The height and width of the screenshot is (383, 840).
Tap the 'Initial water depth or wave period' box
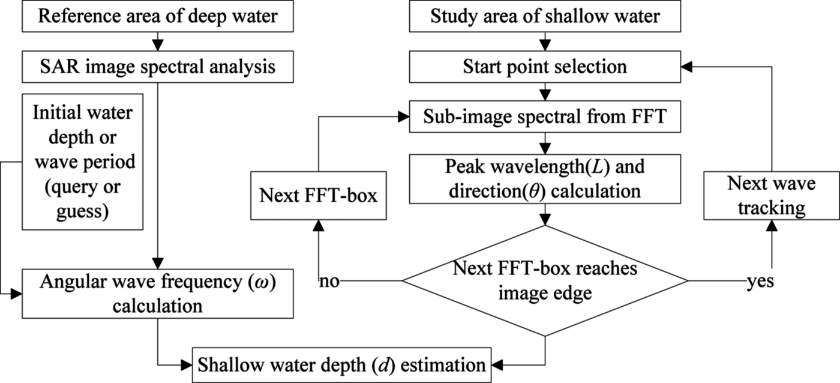82,161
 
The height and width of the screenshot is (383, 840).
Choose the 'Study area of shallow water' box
545,16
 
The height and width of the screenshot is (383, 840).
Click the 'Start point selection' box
545,66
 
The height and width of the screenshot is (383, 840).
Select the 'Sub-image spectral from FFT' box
545,117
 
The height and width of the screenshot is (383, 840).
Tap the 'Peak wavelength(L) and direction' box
545,179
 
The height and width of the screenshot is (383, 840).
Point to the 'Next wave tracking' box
771,195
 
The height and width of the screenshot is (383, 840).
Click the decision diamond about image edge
545,280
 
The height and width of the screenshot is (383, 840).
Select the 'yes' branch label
758,282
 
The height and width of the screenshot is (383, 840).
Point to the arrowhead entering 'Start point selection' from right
685,66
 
